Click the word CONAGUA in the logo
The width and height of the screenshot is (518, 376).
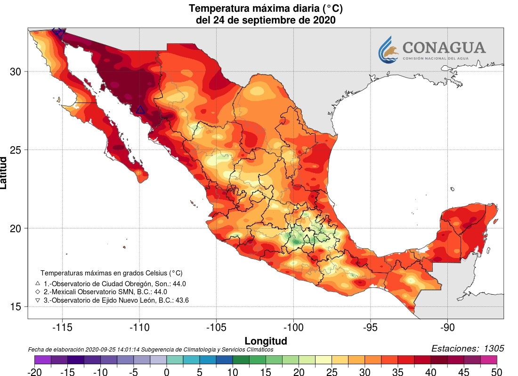coord(444,47)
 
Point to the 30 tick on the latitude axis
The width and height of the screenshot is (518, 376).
coord(16,71)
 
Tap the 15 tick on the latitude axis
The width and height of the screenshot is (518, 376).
coord(16,306)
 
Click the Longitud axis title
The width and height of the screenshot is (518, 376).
coord(266,340)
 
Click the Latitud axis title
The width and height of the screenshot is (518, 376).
coord(4,173)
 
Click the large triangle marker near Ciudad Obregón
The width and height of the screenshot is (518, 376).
coord(140,110)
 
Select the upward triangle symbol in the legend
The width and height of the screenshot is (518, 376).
coord(38,283)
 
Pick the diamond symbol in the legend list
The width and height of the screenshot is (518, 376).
coord(38,291)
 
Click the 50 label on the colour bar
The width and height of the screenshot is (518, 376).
coord(496,372)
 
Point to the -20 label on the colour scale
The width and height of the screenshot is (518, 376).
coord(34,372)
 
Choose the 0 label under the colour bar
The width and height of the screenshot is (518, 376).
coord(167,372)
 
